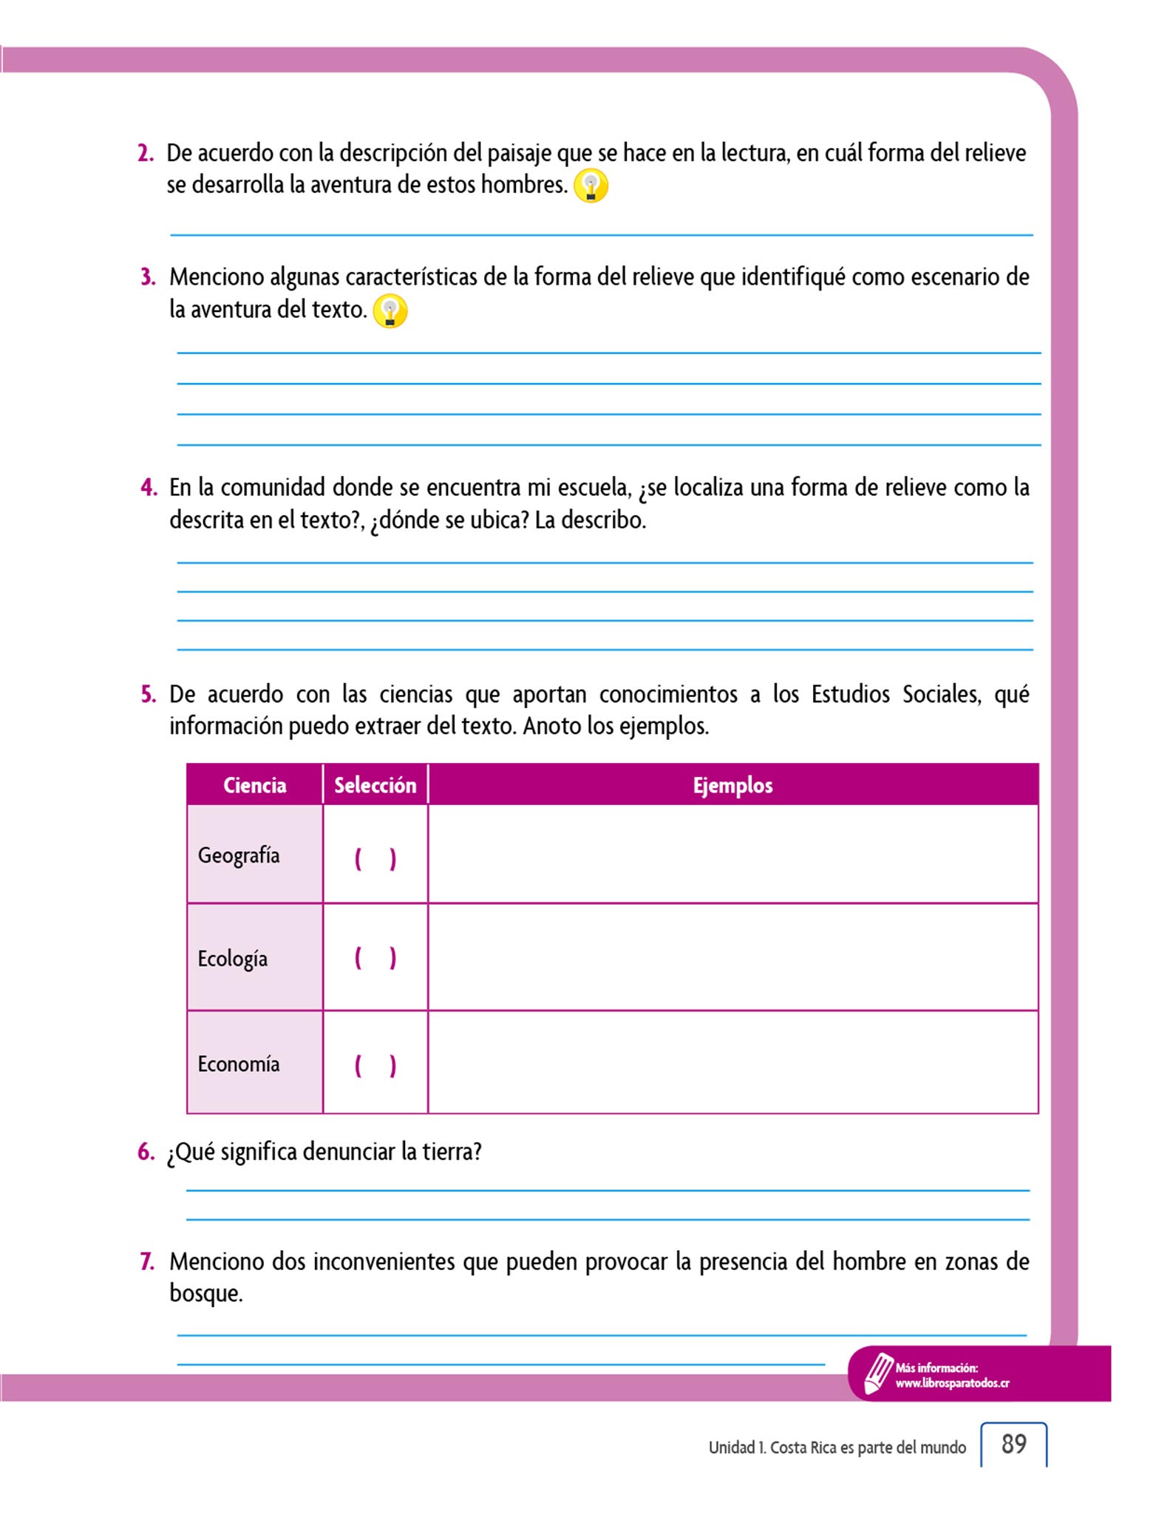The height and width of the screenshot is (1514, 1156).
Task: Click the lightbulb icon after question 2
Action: click(591, 186)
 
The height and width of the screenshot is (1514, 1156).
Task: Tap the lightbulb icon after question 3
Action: click(390, 311)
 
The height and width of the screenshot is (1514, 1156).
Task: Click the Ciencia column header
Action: click(254, 785)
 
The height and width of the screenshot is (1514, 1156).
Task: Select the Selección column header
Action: click(375, 785)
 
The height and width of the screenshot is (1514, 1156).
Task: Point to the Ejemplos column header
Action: click(732, 785)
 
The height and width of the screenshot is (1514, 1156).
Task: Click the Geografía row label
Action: click(239, 855)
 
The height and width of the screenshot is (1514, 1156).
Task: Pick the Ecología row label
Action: click(232, 959)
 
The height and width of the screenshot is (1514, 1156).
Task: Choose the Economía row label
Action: click(238, 1064)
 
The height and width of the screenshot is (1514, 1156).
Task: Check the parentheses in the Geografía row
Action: click(375, 859)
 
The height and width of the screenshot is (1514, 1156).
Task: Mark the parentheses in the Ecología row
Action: click(375, 958)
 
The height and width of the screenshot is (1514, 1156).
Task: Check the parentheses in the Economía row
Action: click(375, 1065)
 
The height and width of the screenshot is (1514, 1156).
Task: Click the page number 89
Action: click(1013, 1444)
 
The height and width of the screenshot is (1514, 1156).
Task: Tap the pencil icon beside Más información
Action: click(878, 1374)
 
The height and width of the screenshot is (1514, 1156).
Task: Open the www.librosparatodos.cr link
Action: click(952, 1383)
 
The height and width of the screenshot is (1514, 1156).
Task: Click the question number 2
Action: click(146, 154)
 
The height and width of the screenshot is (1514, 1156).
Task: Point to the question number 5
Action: click(148, 695)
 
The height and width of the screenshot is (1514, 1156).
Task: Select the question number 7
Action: click(147, 1262)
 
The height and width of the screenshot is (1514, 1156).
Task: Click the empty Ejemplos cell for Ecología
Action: click(732, 957)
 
